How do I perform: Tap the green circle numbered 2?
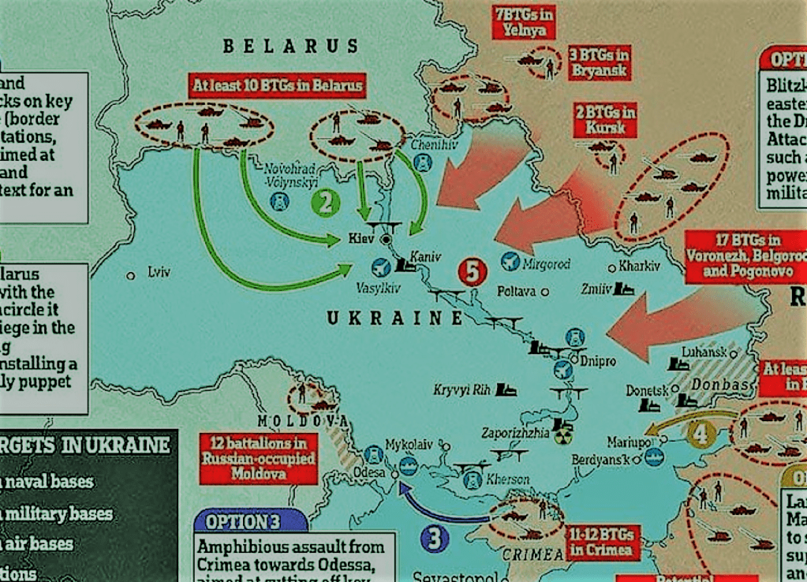pyautogui.click(x=325, y=203)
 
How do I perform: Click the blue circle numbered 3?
pyautogui.click(x=435, y=539)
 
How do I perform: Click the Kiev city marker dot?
pyautogui.click(x=387, y=238)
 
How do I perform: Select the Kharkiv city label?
pyautogui.click(x=639, y=267)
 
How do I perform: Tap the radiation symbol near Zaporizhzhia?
pyautogui.click(x=562, y=436)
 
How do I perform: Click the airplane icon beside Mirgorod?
pyautogui.click(x=510, y=260)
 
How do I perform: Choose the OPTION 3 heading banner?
pyautogui.click(x=249, y=521)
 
